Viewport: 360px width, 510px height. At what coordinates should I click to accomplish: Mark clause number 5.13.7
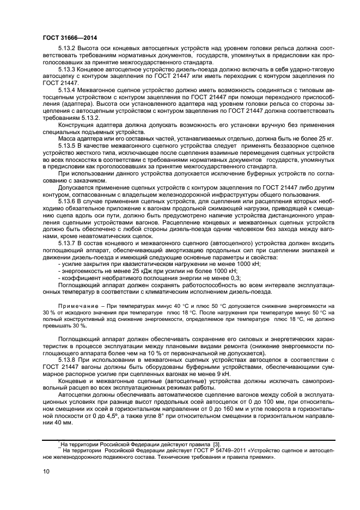pos(68,241)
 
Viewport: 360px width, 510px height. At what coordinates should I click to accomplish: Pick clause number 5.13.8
pos(68,360)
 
